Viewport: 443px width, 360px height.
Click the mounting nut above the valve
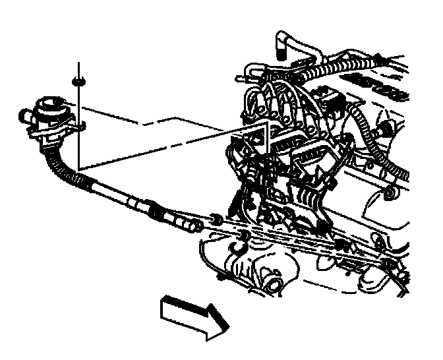(x=78, y=82)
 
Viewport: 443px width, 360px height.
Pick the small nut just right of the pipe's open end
(x=215, y=218)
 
